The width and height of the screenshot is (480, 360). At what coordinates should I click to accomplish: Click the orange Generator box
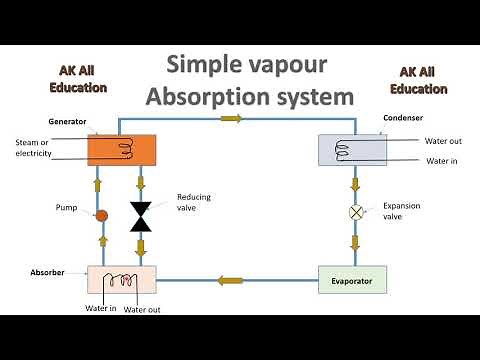coord(121,150)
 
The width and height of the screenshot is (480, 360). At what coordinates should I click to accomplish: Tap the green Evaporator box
coord(351,280)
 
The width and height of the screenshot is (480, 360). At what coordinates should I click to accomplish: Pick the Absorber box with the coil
coord(121,280)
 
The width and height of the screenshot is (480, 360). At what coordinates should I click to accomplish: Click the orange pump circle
coord(101,215)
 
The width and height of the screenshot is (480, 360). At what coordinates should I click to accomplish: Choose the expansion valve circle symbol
coord(354,212)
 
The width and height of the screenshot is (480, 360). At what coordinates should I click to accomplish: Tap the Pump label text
coord(66,209)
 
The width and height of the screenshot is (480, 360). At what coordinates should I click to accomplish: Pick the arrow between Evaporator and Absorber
coord(231,280)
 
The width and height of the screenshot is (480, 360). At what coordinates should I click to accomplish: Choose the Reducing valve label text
coord(193,202)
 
